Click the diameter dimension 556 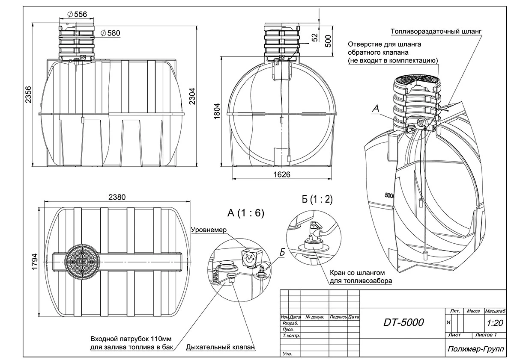pos(78,14)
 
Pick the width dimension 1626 pos(281,174)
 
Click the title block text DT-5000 pos(403,322)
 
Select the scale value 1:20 pos(495,323)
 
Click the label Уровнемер pos(209,229)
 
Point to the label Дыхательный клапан pos(221,347)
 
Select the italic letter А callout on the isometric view pos(376,109)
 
